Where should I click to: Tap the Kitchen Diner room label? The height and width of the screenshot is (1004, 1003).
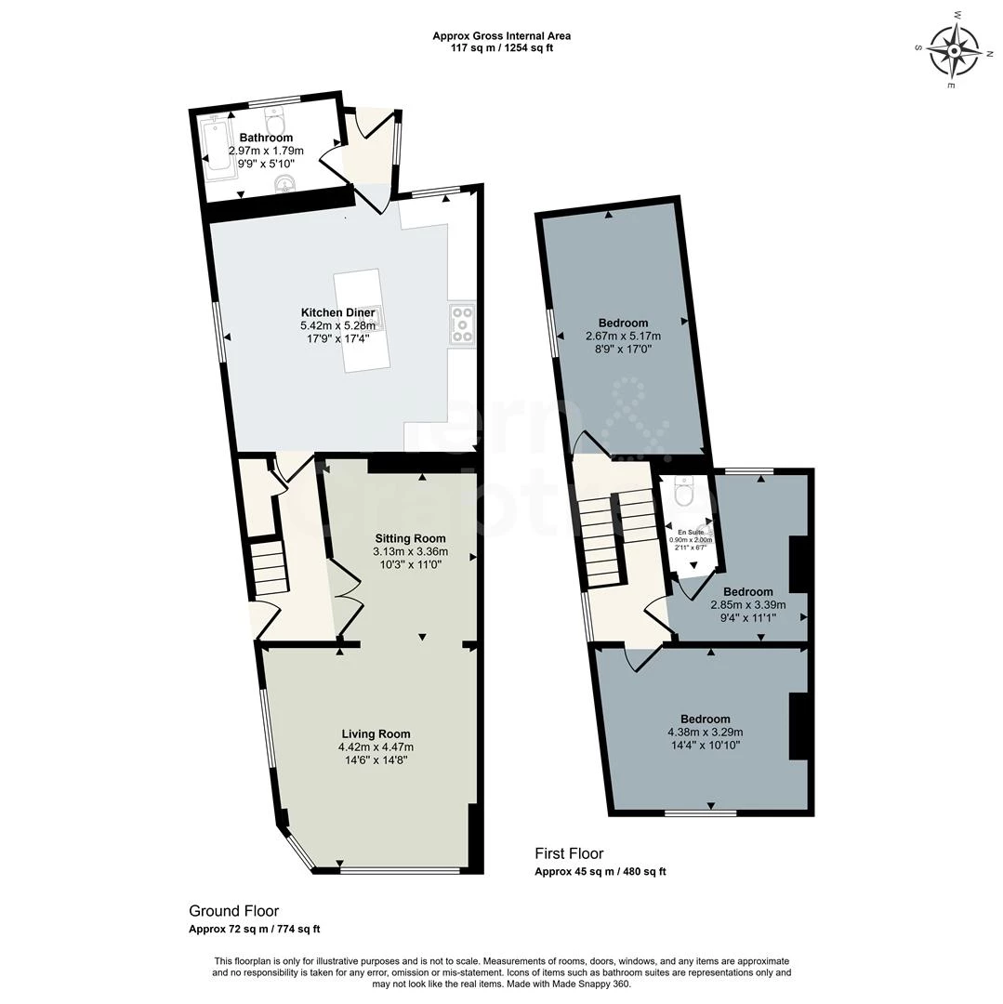[x=337, y=312]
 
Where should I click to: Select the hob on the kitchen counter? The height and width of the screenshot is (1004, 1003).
[x=462, y=325]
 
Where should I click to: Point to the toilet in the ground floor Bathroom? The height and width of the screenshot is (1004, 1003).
[x=276, y=118]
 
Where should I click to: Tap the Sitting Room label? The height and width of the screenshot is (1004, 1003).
[x=410, y=538]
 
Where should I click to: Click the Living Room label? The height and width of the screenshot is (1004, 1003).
[x=375, y=733]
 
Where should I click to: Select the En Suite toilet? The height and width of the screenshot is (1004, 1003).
[x=683, y=494]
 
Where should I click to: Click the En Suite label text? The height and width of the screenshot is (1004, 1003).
[x=691, y=532]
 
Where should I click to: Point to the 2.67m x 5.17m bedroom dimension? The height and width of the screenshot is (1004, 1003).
[x=623, y=337]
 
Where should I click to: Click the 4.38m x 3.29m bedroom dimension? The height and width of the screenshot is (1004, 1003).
[x=705, y=733]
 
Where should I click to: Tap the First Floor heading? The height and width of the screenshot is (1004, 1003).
[x=569, y=853]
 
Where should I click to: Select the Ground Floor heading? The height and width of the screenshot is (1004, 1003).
[x=233, y=911]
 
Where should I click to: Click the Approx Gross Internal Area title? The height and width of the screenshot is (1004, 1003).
[x=501, y=36]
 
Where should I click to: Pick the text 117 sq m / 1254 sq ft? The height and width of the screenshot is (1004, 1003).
[x=501, y=48]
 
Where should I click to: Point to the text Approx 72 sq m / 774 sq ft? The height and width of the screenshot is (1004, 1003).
[x=254, y=930]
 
